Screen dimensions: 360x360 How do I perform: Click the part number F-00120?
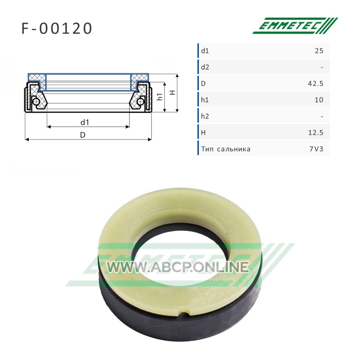pyautogui.click(x=57, y=28)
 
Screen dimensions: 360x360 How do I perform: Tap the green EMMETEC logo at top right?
pyautogui.click(x=295, y=26)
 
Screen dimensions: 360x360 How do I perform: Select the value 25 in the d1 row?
pyautogui.click(x=319, y=51)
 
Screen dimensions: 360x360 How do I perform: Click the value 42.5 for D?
pyautogui.click(x=315, y=83)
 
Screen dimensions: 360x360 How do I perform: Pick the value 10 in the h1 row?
pyautogui.click(x=319, y=100)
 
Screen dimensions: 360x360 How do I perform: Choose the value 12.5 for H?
pyautogui.click(x=316, y=133)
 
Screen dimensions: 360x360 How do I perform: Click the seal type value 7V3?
pyautogui.click(x=316, y=149)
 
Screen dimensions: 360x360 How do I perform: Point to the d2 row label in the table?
pyautogui.click(x=205, y=67)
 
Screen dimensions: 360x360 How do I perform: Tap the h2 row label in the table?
pyautogui.click(x=205, y=116)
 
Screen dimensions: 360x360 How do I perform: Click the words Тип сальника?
pyautogui.click(x=226, y=149)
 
